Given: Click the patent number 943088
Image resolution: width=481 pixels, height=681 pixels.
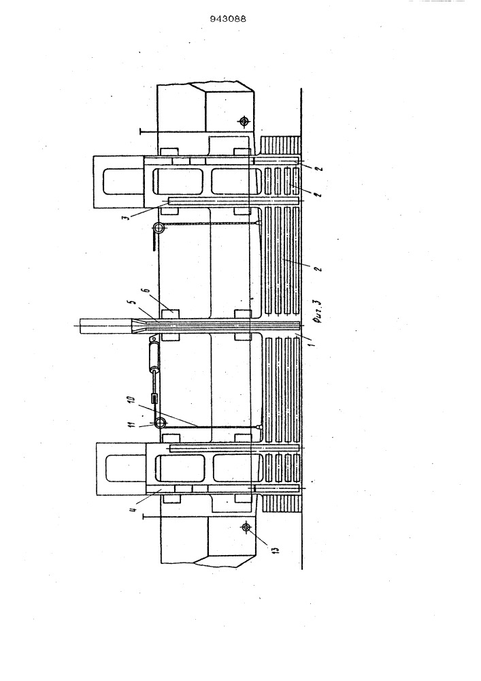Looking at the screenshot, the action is point(228,18).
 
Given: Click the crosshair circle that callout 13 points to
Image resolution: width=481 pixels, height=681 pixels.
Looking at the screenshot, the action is point(246,527).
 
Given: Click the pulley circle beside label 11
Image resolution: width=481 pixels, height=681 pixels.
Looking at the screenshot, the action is point(160,423).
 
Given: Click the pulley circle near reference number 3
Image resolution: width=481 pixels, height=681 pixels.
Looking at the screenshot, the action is point(159,227).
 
